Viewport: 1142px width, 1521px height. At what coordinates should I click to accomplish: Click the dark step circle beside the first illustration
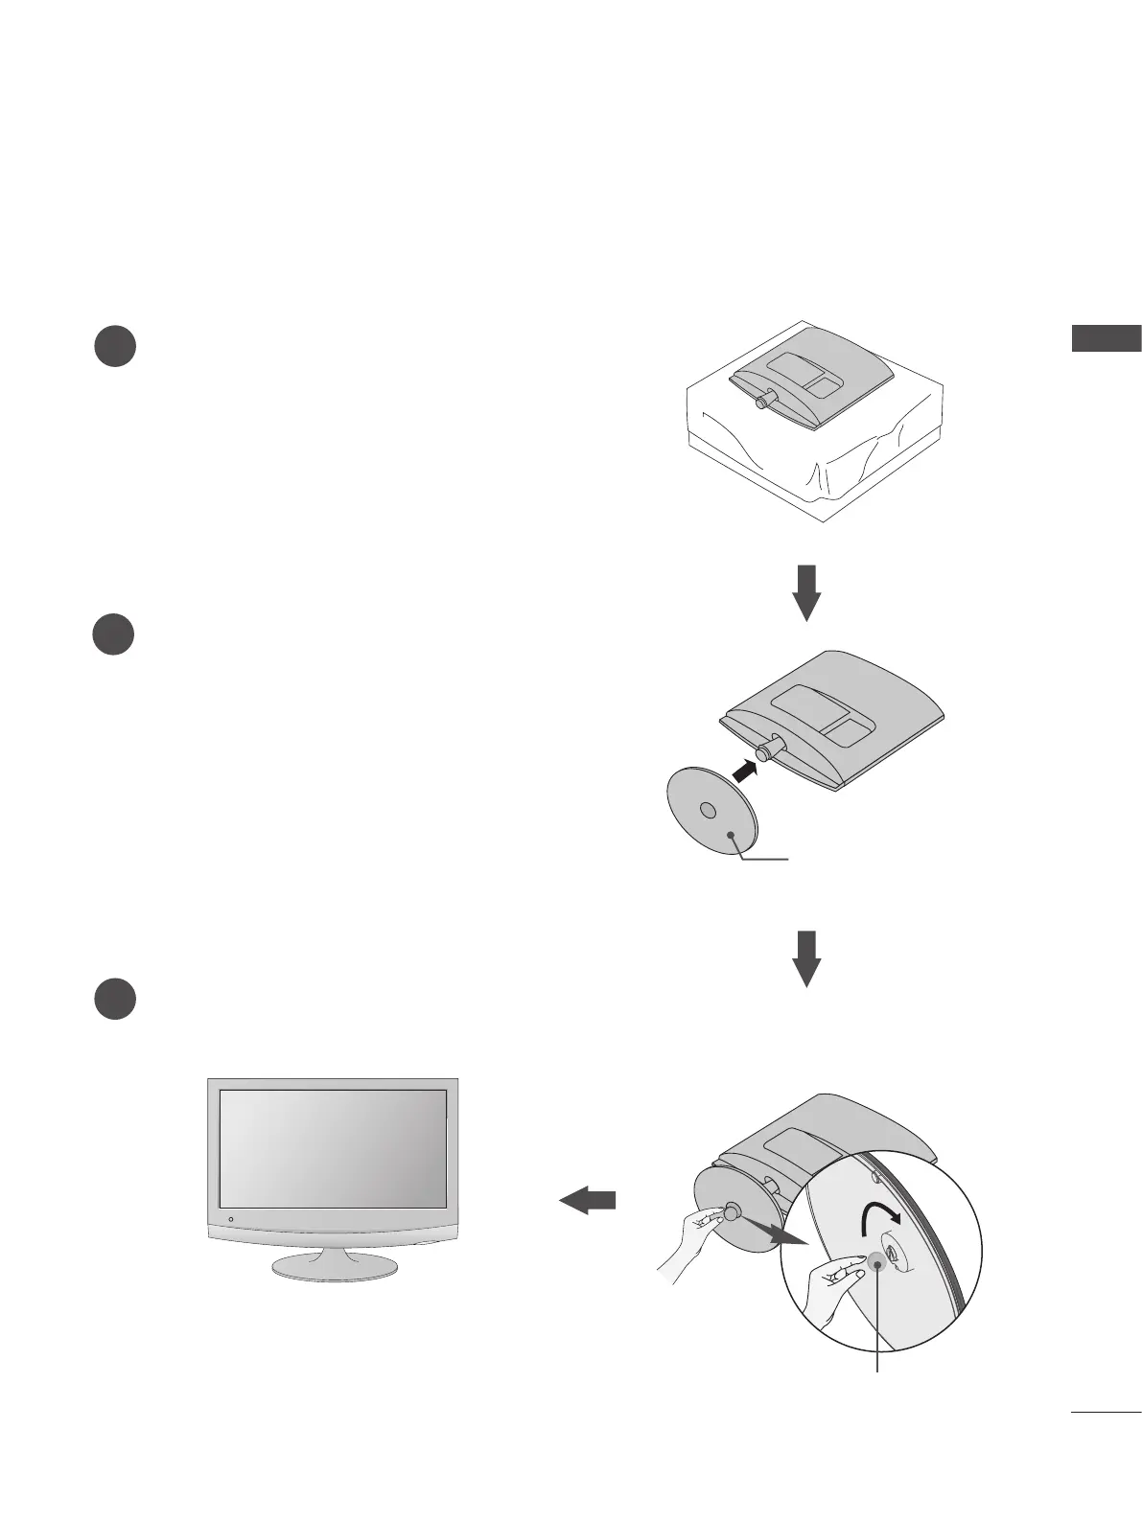click(x=114, y=346)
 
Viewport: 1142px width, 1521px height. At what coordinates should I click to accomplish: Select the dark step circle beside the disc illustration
click(x=114, y=635)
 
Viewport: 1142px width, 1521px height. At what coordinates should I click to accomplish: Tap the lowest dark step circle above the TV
click(x=114, y=999)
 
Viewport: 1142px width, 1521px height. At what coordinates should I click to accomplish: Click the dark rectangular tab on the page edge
click(x=1106, y=337)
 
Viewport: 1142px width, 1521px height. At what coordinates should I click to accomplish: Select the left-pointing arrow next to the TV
click(x=587, y=1200)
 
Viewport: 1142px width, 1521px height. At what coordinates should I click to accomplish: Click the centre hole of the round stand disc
click(x=708, y=810)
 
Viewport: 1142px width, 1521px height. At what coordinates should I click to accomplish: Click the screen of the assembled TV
click(x=333, y=1147)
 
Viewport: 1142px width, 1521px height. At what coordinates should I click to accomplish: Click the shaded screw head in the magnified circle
click(x=875, y=1264)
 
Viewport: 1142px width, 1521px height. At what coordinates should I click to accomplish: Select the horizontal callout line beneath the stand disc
click(x=765, y=860)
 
